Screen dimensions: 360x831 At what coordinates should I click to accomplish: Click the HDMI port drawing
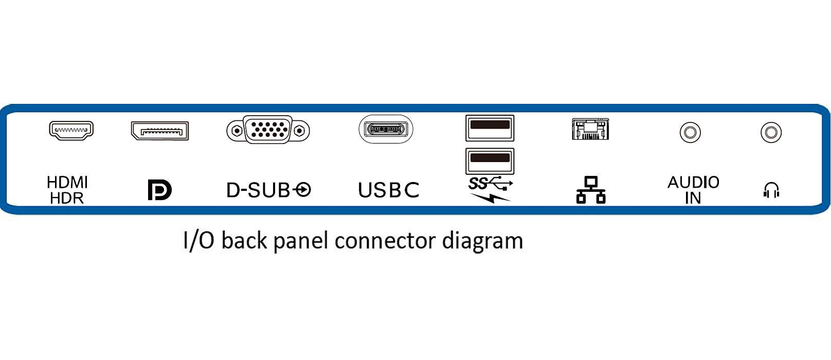pos(71,130)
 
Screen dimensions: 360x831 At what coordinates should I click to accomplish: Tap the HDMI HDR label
pos(67,190)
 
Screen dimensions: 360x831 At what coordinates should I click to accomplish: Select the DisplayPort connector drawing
pos(160,131)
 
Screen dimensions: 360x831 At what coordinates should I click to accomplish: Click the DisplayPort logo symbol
pos(159,190)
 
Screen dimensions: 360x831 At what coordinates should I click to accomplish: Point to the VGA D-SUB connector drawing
pos(268,130)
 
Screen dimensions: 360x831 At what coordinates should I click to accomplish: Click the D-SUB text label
pos(259,190)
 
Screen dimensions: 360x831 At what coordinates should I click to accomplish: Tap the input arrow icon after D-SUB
pos(303,190)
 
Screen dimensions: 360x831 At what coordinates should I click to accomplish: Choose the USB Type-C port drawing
pos(386,129)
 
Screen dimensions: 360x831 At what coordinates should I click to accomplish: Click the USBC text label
pos(388,190)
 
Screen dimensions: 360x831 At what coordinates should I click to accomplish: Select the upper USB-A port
pos(490,128)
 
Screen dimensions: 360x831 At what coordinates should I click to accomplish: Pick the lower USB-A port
pos(490,160)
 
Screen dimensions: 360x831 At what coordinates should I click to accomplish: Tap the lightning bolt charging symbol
pos(490,197)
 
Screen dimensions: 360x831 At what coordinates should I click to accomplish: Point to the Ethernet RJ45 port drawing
pos(590,129)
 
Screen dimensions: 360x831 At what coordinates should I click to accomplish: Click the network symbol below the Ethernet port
pos(590,190)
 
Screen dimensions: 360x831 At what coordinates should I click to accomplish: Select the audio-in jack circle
pos(690,132)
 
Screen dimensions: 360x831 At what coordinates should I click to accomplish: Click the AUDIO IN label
pos(693,190)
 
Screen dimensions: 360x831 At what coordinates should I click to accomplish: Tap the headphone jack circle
pos(771,132)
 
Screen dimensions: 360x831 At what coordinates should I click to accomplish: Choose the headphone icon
pos(771,190)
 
